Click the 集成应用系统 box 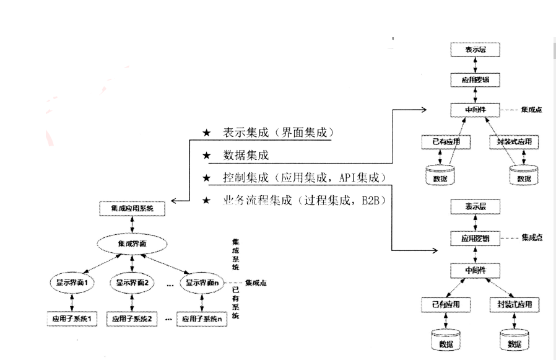[x=132, y=209]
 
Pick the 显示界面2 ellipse [x=133, y=283]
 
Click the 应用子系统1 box [x=73, y=319]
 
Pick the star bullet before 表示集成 [x=207, y=134]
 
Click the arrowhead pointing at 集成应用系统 [x=174, y=201]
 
